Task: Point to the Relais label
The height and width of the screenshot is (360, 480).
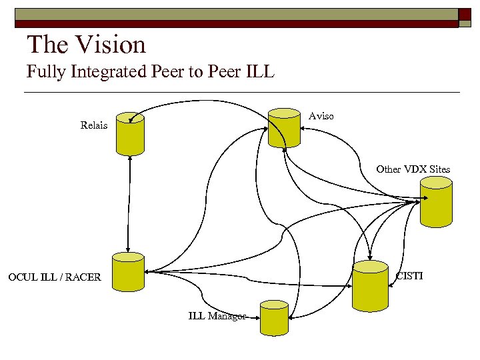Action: click(93, 125)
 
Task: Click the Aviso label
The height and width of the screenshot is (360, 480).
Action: click(321, 116)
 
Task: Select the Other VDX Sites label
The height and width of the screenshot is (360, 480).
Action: click(413, 169)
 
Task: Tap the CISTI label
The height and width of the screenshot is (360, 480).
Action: click(409, 275)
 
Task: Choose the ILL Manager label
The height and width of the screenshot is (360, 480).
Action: click(217, 316)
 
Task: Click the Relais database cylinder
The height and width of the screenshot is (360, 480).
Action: click(130, 133)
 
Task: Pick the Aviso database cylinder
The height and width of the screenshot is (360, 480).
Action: click(284, 127)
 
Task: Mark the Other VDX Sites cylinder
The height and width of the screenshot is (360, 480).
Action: click(436, 204)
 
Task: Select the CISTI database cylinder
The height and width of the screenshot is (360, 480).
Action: click(370, 286)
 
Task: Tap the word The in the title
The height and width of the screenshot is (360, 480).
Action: click(47, 45)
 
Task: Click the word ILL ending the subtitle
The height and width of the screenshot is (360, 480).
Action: click(260, 71)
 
